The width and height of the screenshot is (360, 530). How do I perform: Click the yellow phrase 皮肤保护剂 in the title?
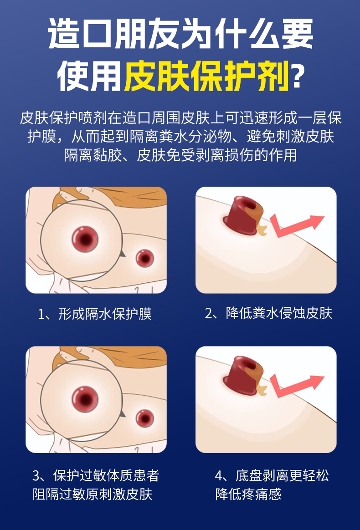[206, 76]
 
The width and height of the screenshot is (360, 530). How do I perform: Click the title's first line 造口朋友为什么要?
[180, 33]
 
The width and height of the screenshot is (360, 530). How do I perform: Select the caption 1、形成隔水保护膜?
[95, 314]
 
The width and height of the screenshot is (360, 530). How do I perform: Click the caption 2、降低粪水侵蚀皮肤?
[268, 313]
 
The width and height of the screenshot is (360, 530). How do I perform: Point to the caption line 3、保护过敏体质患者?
[96, 475]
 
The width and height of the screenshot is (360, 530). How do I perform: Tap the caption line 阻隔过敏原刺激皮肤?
[93, 494]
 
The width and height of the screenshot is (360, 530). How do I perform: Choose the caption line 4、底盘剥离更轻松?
[272, 475]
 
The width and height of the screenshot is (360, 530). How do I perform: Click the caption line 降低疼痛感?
[248, 494]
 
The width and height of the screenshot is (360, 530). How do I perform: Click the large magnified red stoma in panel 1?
[85, 239]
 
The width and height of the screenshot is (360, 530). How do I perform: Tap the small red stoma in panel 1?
[145, 259]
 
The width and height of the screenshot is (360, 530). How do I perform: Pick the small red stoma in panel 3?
[145, 418]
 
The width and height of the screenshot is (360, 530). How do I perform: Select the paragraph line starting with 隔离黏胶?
[180, 155]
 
